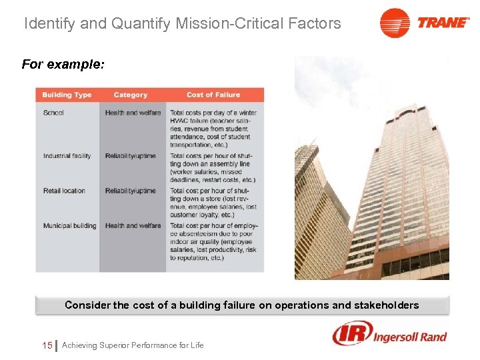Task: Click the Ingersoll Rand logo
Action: tap(390, 334)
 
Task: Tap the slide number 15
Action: tap(47, 345)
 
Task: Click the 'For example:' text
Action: tap(63, 65)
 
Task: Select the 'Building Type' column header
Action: tap(67, 95)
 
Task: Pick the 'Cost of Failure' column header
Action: tap(213, 95)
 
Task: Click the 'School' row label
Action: tap(53, 113)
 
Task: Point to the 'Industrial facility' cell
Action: tap(67, 156)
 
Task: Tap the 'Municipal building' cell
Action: tap(69, 225)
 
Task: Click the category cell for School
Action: tap(133, 113)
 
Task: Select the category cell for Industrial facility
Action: tap(130, 156)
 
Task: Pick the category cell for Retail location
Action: tap(130, 191)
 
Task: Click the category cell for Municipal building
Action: tap(133, 225)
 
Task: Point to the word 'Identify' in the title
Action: tap(49, 24)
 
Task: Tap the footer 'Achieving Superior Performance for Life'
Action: tap(133, 345)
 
